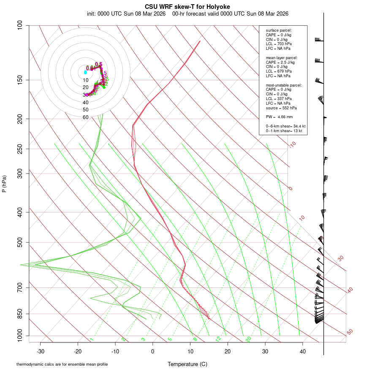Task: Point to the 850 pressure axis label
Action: click(20, 314)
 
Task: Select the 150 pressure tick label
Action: click(20, 80)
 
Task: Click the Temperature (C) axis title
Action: click(187, 364)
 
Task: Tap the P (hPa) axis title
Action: click(5, 184)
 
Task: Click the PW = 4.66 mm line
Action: click(279, 117)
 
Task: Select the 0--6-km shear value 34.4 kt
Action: click(299, 126)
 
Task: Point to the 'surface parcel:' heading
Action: click(279, 30)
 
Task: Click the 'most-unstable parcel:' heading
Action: click(284, 85)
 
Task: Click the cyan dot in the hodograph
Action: click(85, 73)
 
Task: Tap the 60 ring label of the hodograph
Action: click(86, 117)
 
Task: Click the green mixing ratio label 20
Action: click(248, 339)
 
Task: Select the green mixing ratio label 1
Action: click(92, 339)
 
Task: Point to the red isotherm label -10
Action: click(292, 144)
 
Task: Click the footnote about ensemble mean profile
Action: click(62, 364)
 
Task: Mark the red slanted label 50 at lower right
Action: click(350, 332)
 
